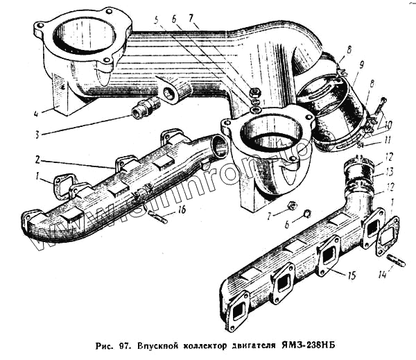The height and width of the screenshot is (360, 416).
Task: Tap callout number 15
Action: pos(351,276)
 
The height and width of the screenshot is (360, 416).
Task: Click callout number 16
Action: pos(182,208)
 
